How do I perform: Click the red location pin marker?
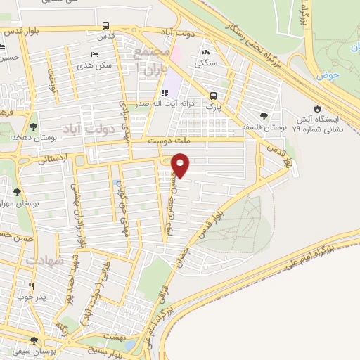[x=181, y=165]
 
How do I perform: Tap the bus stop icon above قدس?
[x=105, y=26]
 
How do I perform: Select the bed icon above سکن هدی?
[x=95, y=54]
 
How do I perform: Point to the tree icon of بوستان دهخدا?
[x=33, y=127]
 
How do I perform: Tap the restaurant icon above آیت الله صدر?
[x=164, y=93]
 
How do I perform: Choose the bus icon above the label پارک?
[x=212, y=96]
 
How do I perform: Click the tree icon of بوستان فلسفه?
[x=264, y=117]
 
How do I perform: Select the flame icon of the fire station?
[x=321, y=108]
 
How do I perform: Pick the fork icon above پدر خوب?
[x=31, y=286]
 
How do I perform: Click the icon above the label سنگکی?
[x=206, y=52]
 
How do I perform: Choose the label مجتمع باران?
[x=153, y=60]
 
